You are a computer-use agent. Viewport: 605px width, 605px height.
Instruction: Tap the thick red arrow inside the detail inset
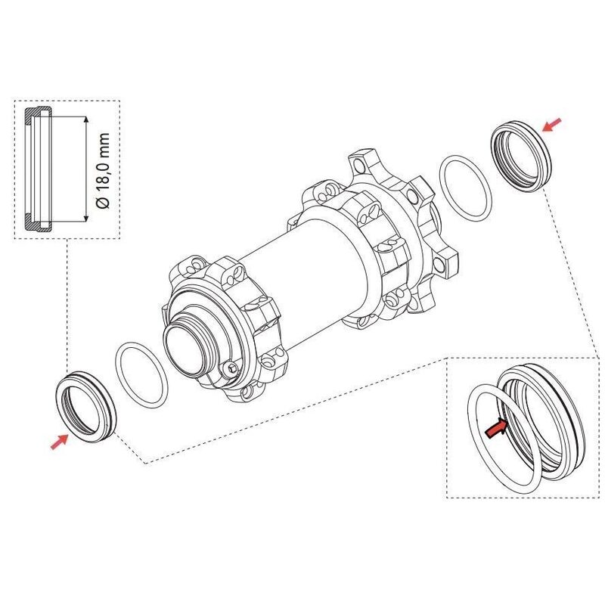tap(495, 429)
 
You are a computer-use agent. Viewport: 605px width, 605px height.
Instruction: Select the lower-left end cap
tap(86, 406)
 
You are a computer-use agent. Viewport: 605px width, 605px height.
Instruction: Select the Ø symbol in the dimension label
tap(104, 203)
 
